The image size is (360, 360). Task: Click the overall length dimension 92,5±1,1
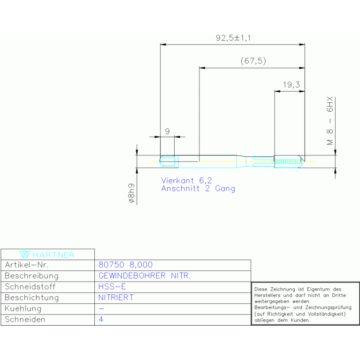pyautogui.click(x=233, y=38)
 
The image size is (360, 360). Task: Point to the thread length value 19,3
pyautogui.click(x=291, y=84)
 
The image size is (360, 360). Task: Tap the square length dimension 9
pyautogui.click(x=168, y=131)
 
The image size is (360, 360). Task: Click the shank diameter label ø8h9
pyautogui.click(x=131, y=193)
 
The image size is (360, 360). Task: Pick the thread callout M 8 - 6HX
pyautogui.click(x=329, y=121)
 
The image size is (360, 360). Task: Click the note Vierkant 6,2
pyautogui.click(x=186, y=180)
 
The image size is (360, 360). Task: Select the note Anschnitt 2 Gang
pyautogui.click(x=198, y=189)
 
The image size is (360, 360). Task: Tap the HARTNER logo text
pyautogui.click(x=54, y=255)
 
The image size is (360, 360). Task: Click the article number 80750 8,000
pyautogui.click(x=125, y=265)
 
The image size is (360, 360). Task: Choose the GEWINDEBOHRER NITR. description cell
pyautogui.click(x=145, y=276)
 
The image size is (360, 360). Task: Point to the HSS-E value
pyautogui.click(x=112, y=286)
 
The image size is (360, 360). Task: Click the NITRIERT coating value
pyautogui.click(x=116, y=298)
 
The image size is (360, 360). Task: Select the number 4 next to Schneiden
pyautogui.click(x=101, y=319)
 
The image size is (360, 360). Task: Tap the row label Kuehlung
pyautogui.click(x=23, y=308)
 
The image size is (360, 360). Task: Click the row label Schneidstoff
pyautogui.click(x=30, y=286)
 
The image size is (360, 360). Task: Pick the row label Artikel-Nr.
pyautogui.click(x=27, y=265)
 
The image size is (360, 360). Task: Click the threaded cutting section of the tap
pyautogui.click(x=289, y=161)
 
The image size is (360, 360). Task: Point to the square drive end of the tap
pyautogui.click(x=168, y=161)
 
